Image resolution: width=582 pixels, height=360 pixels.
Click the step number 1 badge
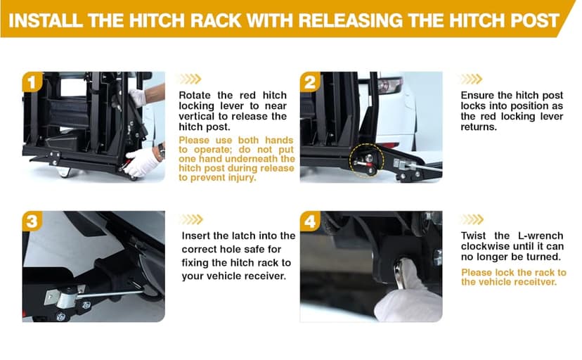[32, 82]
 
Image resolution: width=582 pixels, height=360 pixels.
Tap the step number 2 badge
[310, 82]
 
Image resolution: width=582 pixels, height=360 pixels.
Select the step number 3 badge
[32, 221]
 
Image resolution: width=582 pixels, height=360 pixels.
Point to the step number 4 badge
[310, 221]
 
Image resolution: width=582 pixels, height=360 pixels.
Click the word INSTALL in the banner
[45, 20]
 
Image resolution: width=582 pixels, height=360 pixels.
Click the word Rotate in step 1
[195, 96]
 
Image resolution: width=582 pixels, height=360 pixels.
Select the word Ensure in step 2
[477, 96]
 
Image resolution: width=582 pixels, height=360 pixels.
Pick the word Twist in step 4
[473, 236]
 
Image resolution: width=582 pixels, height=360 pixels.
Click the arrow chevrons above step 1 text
[190, 79]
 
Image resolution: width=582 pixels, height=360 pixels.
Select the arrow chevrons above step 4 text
[472, 219]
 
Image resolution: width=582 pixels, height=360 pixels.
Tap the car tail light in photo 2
[389, 85]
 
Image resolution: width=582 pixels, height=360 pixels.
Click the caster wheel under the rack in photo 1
[64, 172]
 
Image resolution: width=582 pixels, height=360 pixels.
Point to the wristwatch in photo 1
[162, 150]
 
